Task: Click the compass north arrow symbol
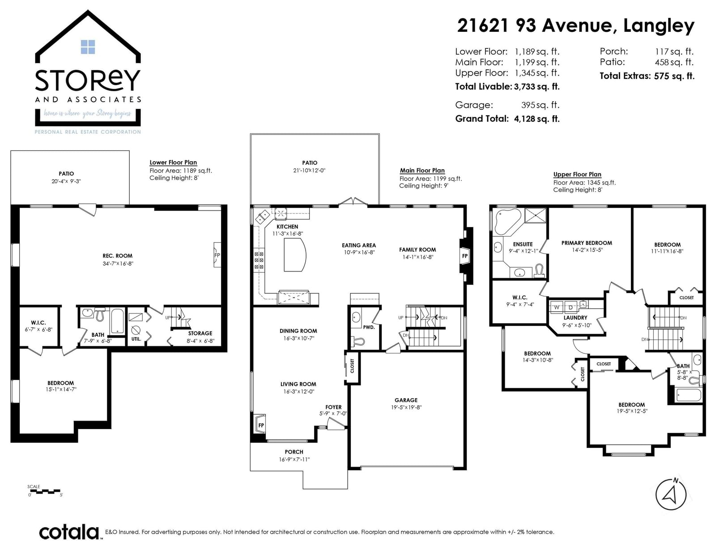pyautogui.click(x=671, y=494)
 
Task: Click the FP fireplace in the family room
pyautogui.click(x=465, y=256)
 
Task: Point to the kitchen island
pyautogui.click(x=295, y=254)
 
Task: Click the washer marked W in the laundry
pyautogui.click(x=557, y=307)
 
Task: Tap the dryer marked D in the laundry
pyautogui.click(x=571, y=307)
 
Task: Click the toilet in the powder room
pyautogui.click(x=357, y=341)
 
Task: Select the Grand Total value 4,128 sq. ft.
pyautogui.click(x=537, y=119)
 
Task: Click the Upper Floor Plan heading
pyautogui.click(x=577, y=174)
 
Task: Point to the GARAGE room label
pyautogui.click(x=406, y=400)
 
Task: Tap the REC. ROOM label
pyautogui.click(x=117, y=256)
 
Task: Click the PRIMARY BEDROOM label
pyautogui.click(x=587, y=243)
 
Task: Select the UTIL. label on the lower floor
pyautogui.click(x=136, y=339)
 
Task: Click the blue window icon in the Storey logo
pyautogui.click(x=88, y=47)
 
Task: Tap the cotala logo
pyautogui.click(x=69, y=532)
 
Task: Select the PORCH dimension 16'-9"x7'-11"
pyautogui.click(x=294, y=460)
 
